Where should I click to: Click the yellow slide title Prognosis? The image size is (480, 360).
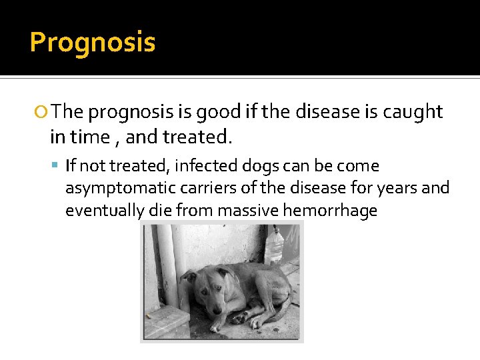tap(93, 43)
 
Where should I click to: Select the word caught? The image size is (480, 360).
tap(413, 112)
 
